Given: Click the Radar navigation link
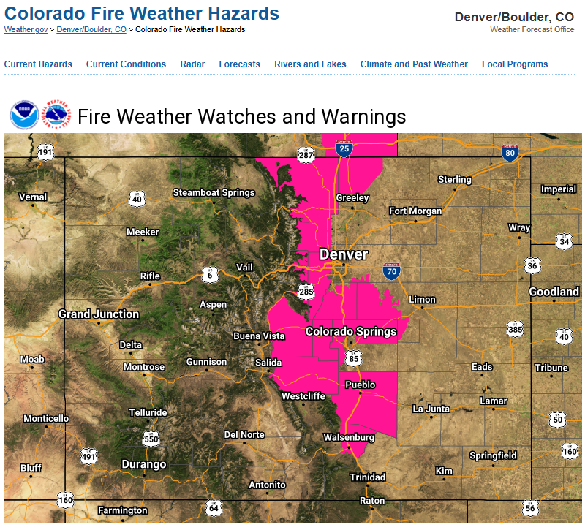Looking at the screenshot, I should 192,64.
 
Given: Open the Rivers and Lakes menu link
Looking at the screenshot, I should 310,64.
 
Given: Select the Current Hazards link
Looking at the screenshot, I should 38,64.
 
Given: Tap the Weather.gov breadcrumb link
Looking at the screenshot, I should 26,29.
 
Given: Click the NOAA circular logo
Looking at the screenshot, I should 24,116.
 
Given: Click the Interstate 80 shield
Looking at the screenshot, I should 510,152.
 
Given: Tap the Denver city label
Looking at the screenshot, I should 344,254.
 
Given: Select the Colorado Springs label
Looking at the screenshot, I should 351,332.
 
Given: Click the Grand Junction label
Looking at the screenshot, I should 99,314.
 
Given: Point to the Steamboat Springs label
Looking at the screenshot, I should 214,193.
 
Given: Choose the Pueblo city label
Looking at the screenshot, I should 360,385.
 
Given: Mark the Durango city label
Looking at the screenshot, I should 143,464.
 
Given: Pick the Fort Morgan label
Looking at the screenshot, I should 415,211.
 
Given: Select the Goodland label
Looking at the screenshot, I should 554,292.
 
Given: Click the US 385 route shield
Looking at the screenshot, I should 516,330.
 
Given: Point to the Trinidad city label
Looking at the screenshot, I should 367,477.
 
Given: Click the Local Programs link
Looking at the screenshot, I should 515,64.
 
